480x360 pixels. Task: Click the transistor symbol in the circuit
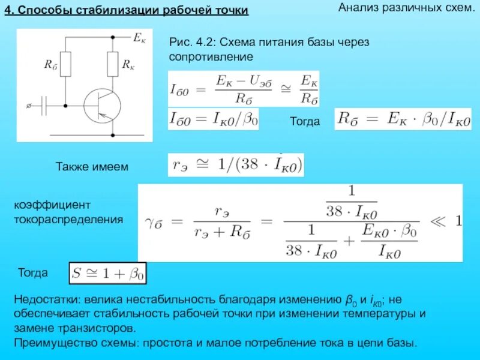tap(99, 106)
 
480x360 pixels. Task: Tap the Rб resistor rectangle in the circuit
tap(66, 64)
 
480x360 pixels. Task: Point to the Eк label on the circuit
tap(138, 38)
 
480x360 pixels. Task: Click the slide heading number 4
tap(8, 12)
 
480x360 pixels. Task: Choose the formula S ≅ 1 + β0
tap(108, 274)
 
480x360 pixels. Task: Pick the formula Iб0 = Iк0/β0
tap(214, 119)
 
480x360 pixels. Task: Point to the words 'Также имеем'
tap(92, 166)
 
